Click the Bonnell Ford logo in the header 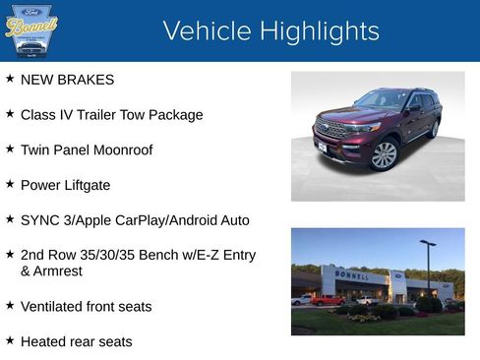pos(31,30)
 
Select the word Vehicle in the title pos(208,31)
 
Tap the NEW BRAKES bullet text pos(67,80)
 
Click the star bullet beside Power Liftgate pos(10,183)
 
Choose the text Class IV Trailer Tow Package pos(111,115)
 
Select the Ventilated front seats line pos(86,307)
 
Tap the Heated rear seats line pos(76,341)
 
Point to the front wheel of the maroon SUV pos(384,154)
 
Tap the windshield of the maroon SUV pos(381,100)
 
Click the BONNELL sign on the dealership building pos(352,276)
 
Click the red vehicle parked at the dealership pos(327,300)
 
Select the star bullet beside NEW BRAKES pos(10,78)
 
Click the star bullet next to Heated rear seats pos(10,339)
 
